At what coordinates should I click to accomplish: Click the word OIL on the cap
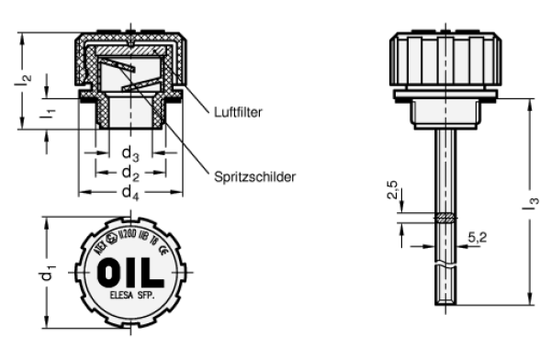click(131, 273)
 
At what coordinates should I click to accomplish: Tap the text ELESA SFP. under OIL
click(131, 298)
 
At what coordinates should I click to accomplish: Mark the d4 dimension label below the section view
click(130, 190)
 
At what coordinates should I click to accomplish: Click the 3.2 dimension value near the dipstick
click(476, 237)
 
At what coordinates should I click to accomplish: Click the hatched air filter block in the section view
click(131, 51)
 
